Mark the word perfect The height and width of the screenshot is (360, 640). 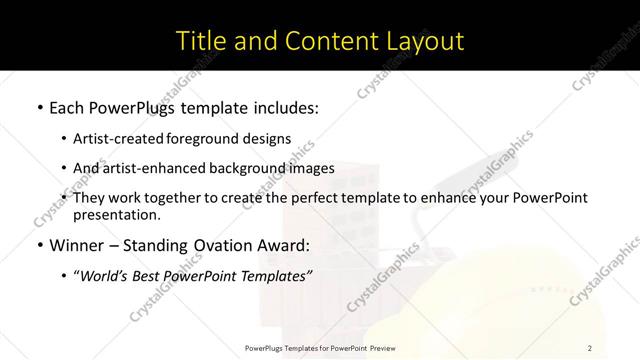(x=287, y=198)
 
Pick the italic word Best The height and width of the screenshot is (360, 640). (x=149, y=276)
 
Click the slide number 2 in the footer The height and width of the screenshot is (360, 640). (x=590, y=347)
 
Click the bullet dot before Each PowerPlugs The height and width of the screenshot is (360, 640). (x=39, y=106)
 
